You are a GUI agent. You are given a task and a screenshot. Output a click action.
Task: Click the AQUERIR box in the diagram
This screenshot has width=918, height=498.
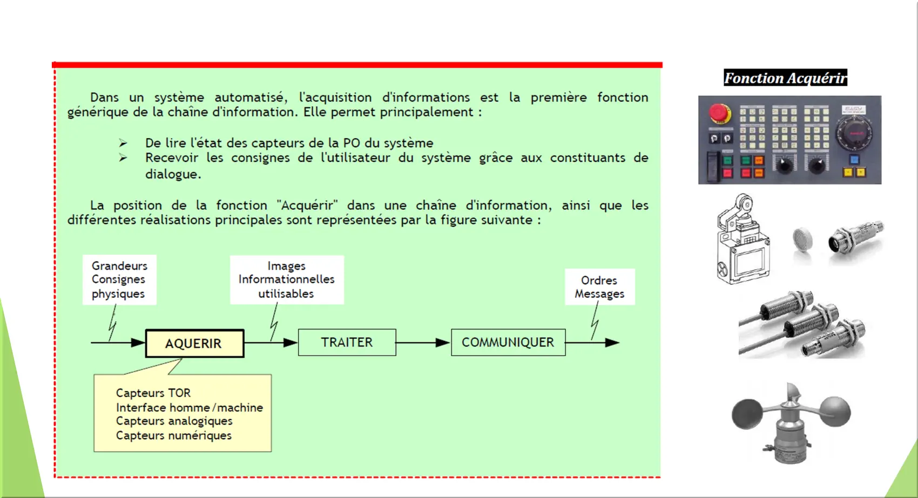coord(194,343)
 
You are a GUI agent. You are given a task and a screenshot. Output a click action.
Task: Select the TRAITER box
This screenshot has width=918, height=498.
coord(347,343)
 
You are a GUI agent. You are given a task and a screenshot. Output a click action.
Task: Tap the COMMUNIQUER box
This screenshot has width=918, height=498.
coord(508,343)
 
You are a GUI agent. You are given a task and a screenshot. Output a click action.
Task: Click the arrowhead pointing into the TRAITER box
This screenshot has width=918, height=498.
coord(290,343)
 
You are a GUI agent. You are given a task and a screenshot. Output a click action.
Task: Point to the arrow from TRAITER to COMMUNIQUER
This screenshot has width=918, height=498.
coord(423,343)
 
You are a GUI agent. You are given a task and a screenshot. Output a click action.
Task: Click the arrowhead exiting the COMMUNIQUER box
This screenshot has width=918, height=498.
coord(612,343)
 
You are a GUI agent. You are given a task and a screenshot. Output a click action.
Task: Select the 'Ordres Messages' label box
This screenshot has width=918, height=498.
coord(600,286)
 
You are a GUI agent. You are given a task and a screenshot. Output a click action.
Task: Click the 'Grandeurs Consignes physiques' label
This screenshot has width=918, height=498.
coord(119,279)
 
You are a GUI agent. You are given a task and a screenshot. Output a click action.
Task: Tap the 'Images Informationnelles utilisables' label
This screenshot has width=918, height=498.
coord(287,279)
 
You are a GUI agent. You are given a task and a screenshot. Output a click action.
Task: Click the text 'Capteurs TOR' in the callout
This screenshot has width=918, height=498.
coord(153,393)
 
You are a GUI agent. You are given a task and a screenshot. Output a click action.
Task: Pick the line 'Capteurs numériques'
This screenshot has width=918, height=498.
coord(174,435)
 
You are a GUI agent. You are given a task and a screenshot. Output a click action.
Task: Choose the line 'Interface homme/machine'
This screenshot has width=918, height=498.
coord(190,407)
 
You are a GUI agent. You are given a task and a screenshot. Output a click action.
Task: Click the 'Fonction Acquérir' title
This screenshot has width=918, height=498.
coord(785,78)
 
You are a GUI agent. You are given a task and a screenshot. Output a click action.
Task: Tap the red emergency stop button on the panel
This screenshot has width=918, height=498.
coord(719,113)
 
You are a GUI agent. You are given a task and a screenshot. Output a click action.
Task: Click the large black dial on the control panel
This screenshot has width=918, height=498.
coord(854,133)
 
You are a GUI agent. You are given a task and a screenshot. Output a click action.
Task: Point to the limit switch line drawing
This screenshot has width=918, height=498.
coord(743,239)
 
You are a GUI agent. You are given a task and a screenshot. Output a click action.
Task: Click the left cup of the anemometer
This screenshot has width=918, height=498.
coord(747,414)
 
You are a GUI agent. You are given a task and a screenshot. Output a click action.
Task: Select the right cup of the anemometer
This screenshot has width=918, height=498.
coord(835,412)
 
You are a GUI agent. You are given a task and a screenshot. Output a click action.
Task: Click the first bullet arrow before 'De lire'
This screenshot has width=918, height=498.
coord(123,143)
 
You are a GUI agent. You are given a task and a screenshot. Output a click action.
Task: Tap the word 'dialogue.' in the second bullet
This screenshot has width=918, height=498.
coord(173,174)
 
